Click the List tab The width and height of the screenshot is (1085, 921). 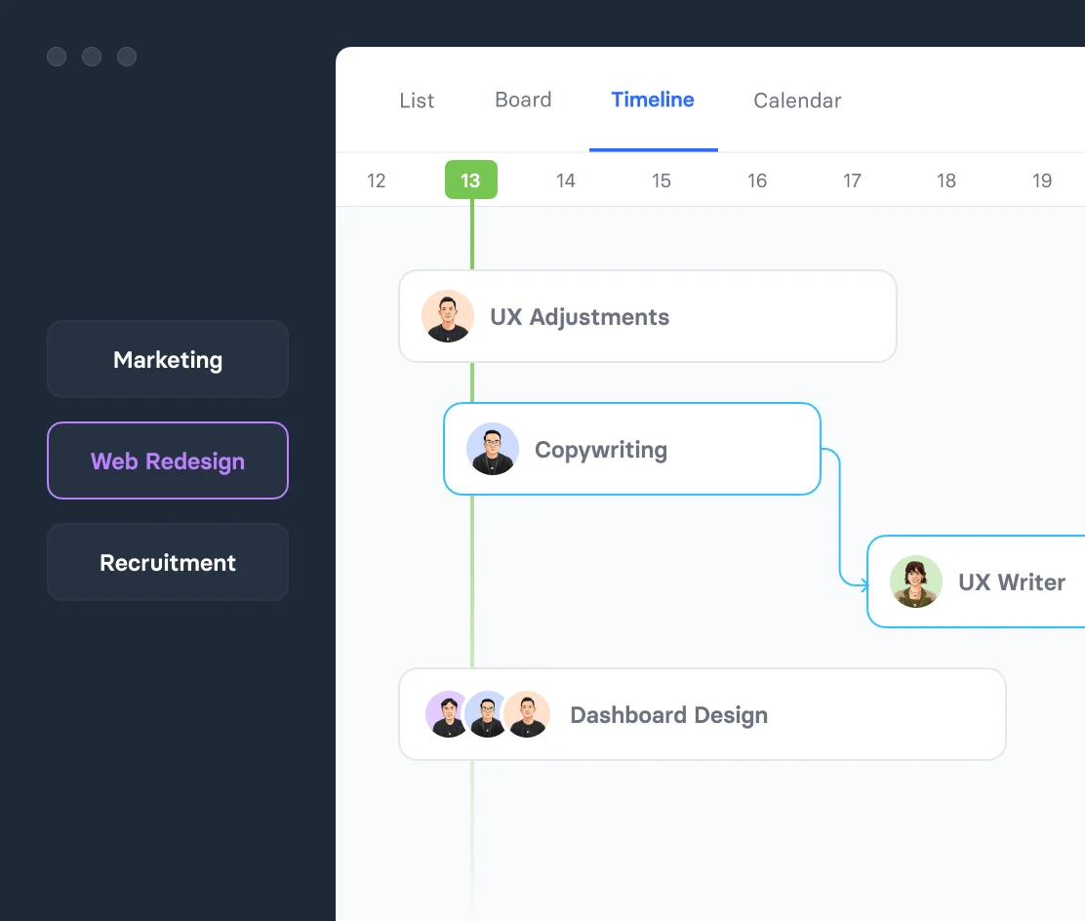coord(417,100)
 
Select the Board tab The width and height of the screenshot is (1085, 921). coord(523,100)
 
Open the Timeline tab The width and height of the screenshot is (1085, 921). coord(653,100)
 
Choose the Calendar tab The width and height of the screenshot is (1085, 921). coord(797,100)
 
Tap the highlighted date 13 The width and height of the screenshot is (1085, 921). coord(470,180)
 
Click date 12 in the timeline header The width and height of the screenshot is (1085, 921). coord(376,180)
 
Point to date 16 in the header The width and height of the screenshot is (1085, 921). coord(757,180)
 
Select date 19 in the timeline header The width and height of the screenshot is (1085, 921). coord(1042,180)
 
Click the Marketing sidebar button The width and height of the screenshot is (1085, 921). coord(168,359)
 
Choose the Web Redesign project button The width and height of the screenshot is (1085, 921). coord(168,460)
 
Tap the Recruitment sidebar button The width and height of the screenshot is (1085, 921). coord(168,562)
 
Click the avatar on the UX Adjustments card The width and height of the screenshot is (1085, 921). coord(448,316)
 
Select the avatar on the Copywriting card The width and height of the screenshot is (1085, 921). coord(493,449)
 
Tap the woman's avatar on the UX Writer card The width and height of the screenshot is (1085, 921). coord(916,581)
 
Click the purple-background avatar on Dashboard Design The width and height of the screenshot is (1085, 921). coord(449,714)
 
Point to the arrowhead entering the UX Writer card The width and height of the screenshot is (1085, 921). coord(864,585)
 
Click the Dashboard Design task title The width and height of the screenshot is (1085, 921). coord(669,715)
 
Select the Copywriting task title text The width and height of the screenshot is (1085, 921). coord(601,450)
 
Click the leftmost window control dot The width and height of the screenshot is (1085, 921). coord(57,57)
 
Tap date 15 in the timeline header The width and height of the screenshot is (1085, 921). coord(661,180)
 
